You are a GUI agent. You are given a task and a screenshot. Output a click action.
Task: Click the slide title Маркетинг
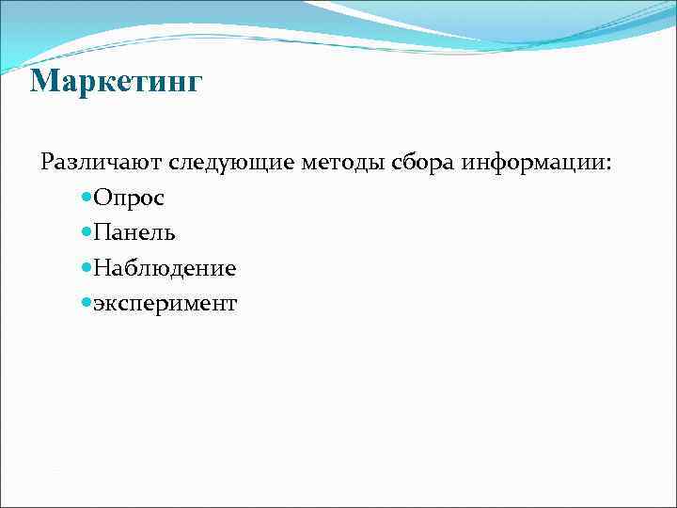click(x=116, y=83)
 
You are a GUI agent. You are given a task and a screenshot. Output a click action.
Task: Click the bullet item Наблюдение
click(x=165, y=268)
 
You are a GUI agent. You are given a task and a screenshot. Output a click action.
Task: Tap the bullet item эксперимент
click(x=165, y=304)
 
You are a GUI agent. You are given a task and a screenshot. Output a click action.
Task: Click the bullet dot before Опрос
click(x=87, y=198)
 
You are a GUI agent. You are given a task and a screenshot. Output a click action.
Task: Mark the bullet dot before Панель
click(x=87, y=233)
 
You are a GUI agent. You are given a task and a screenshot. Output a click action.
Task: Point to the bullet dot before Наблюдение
click(x=87, y=268)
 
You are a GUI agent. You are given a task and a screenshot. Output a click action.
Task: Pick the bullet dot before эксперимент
click(x=87, y=303)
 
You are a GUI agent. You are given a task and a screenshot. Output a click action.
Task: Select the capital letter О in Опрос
click(x=102, y=198)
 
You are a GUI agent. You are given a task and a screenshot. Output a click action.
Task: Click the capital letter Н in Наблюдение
click(x=102, y=268)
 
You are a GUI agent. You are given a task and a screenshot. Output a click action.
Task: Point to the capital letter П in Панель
click(x=102, y=232)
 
